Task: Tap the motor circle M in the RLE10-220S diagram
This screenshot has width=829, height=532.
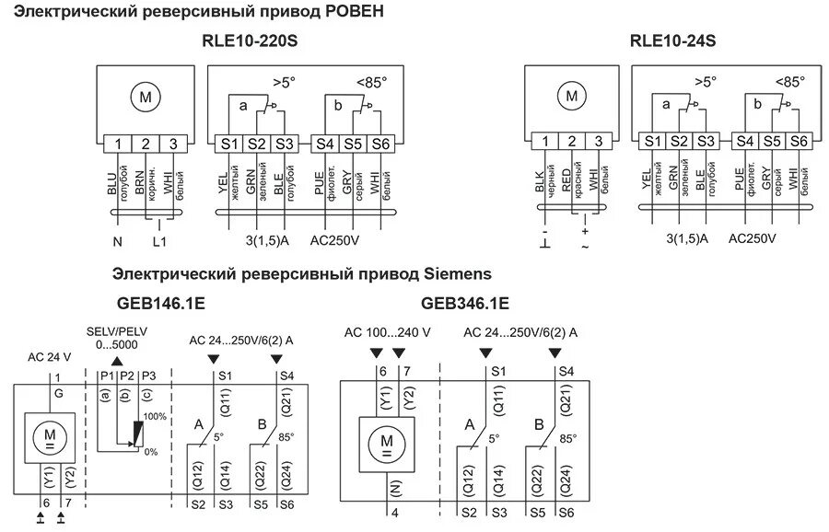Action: click(144, 98)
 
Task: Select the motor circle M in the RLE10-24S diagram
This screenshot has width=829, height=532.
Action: click(572, 96)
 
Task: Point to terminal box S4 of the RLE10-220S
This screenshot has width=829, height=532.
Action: click(325, 144)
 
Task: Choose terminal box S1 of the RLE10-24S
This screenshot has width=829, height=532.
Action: click(652, 141)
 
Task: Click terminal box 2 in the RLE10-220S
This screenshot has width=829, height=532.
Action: click(146, 144)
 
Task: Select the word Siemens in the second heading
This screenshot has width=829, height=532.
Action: click(458, 273)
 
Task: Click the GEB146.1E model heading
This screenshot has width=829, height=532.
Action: click(160, 303)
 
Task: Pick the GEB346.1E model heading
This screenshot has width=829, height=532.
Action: click(465, 303)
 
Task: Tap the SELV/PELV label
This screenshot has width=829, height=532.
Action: click(115, 330)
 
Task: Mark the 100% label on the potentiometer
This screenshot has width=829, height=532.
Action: click(155, 417)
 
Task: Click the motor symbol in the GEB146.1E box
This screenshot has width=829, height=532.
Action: click(51, 434)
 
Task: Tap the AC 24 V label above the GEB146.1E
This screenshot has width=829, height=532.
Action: click(49, 356)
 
